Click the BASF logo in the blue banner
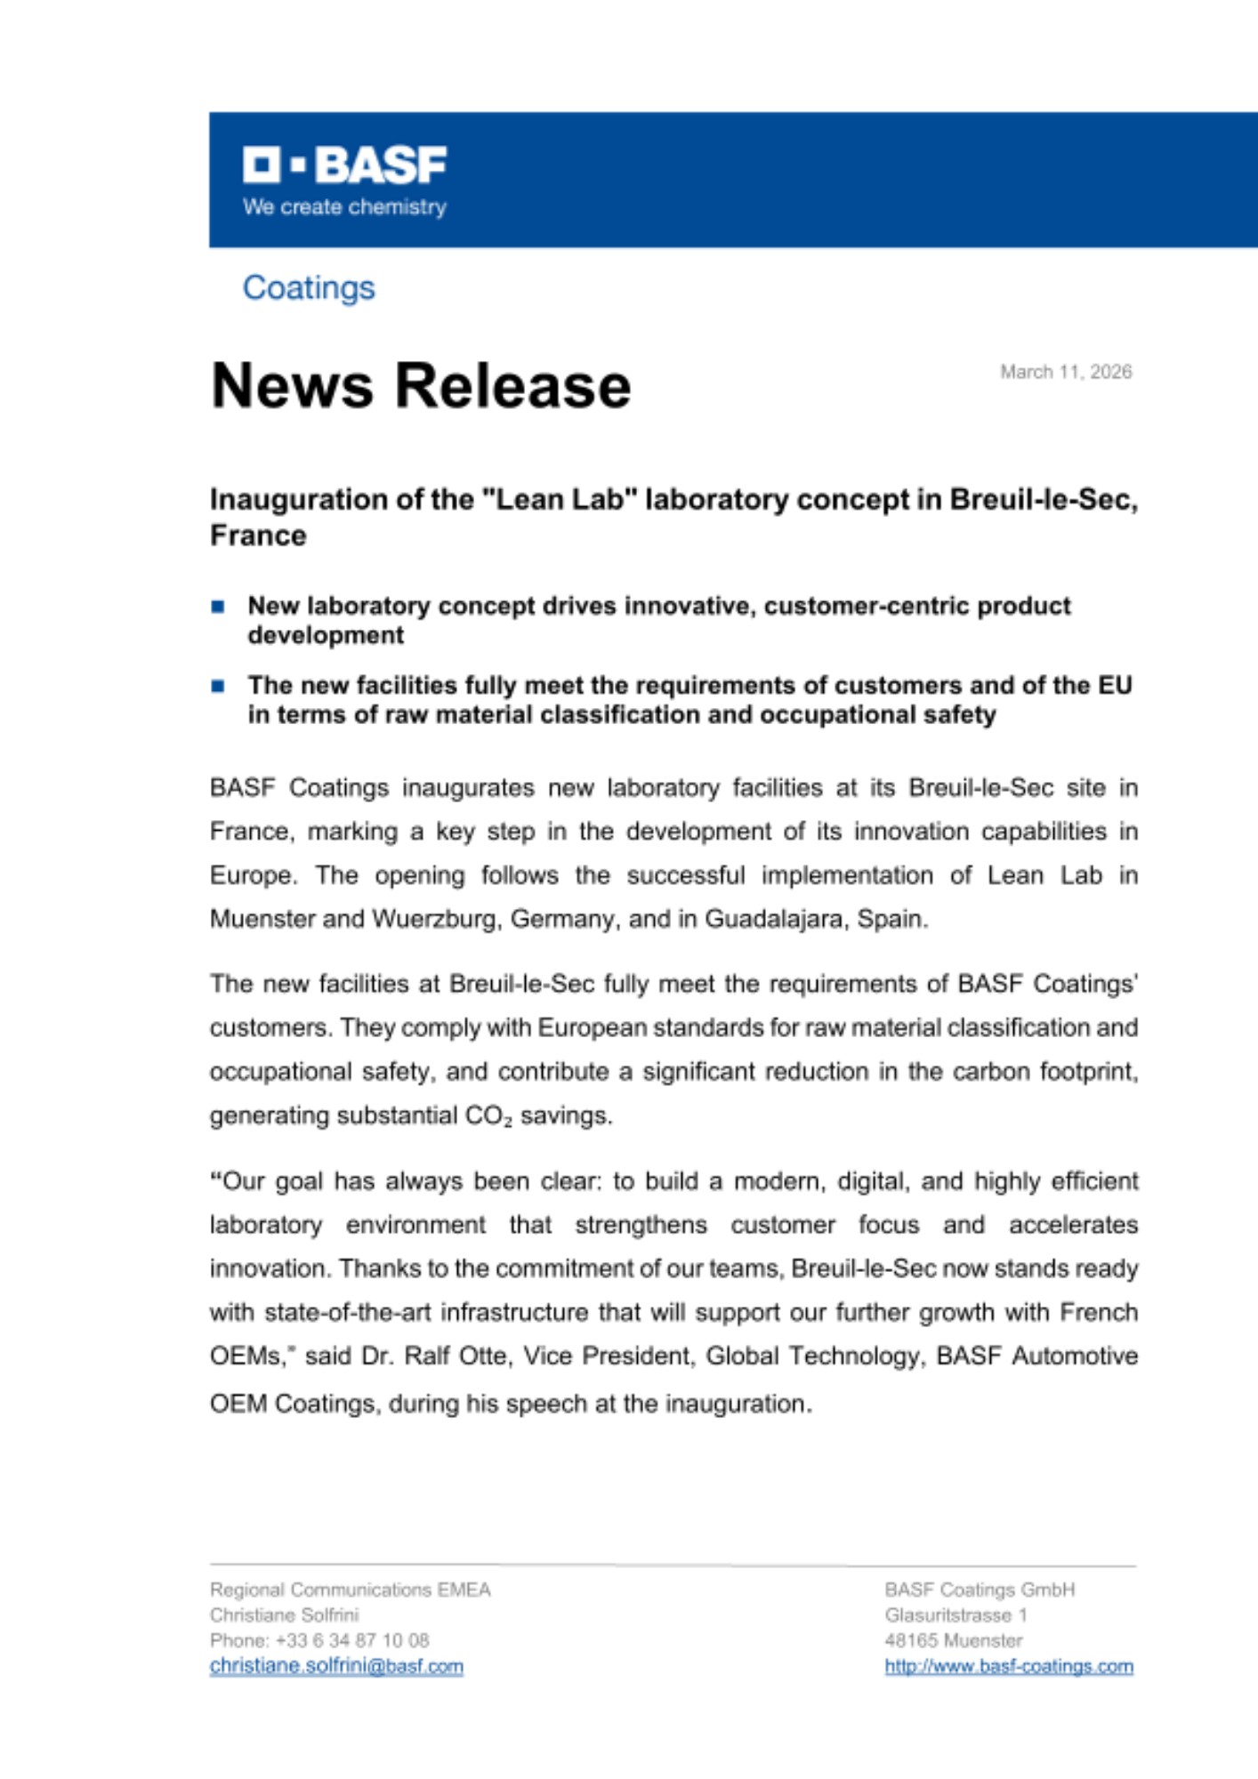click(345, 165)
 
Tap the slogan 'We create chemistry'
click(344, 207)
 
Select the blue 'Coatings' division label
click(309, 288)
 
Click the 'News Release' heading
click(421, 386)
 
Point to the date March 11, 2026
click(1066, 372)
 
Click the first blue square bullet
click(218, 607)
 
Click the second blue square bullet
click(218, 686)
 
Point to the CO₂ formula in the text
click(488, 1116)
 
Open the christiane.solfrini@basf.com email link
click(336, 1666)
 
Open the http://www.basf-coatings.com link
click(1009, 1666)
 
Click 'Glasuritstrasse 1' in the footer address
click(956, 1615)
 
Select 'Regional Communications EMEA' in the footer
click(351, 1590)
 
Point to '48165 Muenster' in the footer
click(954, 1640)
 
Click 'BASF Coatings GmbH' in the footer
click(980, 1590)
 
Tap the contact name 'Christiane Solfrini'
click(285, 1615)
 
